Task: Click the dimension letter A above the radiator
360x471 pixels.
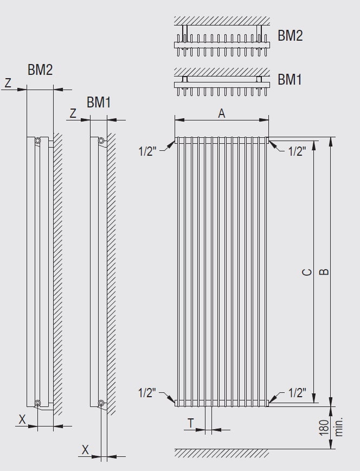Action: (x=222, y=113)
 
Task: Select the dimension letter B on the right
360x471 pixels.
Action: (x=324, y=272)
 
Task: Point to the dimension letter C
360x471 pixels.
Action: (x=307, y=272)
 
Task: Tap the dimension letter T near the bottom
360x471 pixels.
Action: (x=191, y=423)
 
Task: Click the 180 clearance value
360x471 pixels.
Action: (x=324, y=428)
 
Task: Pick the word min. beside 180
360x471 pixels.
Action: (x=338, y=427)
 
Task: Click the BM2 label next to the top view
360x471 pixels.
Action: (x=290, y=35)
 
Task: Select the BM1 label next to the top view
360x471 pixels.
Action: (x=290, y=80)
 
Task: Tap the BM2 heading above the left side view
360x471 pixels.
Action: (x=40, y=69)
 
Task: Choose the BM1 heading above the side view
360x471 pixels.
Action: (x=99, y=102)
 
